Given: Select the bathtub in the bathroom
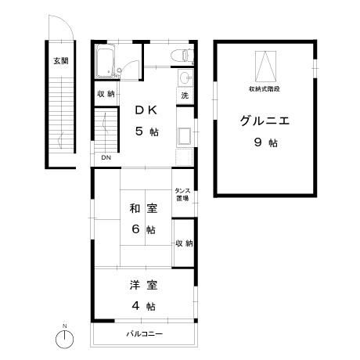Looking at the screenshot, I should click(x=106, y=61).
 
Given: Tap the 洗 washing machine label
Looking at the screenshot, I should click(x=185, y=95).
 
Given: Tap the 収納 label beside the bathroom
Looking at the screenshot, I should click(x=106, y=94).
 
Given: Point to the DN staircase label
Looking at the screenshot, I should click(x=104, y=157).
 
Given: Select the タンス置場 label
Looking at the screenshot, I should click(x=183, y=194).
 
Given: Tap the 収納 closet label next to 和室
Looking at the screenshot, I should click(x=184, y=243).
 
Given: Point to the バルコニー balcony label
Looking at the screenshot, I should click(x=145, y=334).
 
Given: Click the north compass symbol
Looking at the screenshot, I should click(x=65, y=339).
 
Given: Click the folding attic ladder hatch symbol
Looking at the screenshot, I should click(x=266, y=64).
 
